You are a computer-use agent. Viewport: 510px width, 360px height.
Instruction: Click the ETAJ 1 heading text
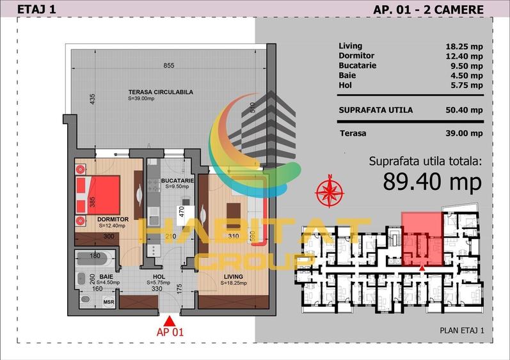tap(33, 9)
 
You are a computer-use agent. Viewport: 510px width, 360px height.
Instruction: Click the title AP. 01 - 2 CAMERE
tap(428, 9)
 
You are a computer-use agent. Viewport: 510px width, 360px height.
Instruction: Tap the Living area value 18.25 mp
tap(463, 46)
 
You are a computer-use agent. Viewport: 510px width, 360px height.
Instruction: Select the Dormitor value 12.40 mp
tap(463, 56)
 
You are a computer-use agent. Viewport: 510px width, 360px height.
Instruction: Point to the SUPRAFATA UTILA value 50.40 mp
tap(463, 110)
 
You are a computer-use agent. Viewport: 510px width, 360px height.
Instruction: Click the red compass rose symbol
tap(330, 190)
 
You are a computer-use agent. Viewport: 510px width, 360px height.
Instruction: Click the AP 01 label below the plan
tap(170, 332)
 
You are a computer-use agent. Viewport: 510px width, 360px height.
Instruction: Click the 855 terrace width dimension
tap(168, 65)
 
